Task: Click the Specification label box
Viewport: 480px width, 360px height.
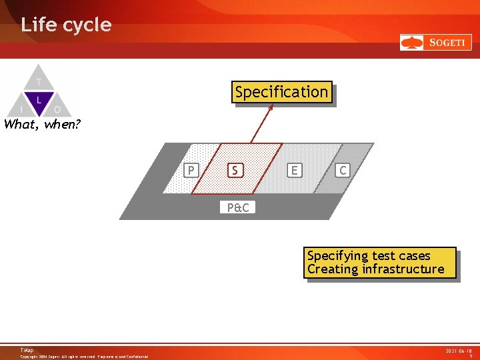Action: [x=281, y=92]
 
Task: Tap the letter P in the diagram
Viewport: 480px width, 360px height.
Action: [x=191, y=171]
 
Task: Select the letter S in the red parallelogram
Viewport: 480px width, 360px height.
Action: [x=235, y=171]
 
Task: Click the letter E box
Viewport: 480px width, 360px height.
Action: [x=294, y=171]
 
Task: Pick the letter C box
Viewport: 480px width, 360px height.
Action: [x=343, y=171]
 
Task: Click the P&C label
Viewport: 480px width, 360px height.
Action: [x=237, y=207]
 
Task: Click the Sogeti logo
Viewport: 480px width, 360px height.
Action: [x=435, y=43]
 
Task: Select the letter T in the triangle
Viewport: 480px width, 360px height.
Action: [x=39, y=82]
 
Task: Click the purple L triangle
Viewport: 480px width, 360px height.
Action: [x=39, y=101]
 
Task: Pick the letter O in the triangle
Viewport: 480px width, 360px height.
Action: [x=57, y=109]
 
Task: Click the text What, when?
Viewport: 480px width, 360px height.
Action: [x=42, y=124]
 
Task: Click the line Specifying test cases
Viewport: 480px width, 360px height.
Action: [x=369, y=256]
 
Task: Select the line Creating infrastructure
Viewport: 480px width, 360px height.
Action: [x=375, y=269]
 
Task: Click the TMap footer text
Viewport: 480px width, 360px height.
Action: [x=27, y=350]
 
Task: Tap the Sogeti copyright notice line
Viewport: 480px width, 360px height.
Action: [x=84, y=357]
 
